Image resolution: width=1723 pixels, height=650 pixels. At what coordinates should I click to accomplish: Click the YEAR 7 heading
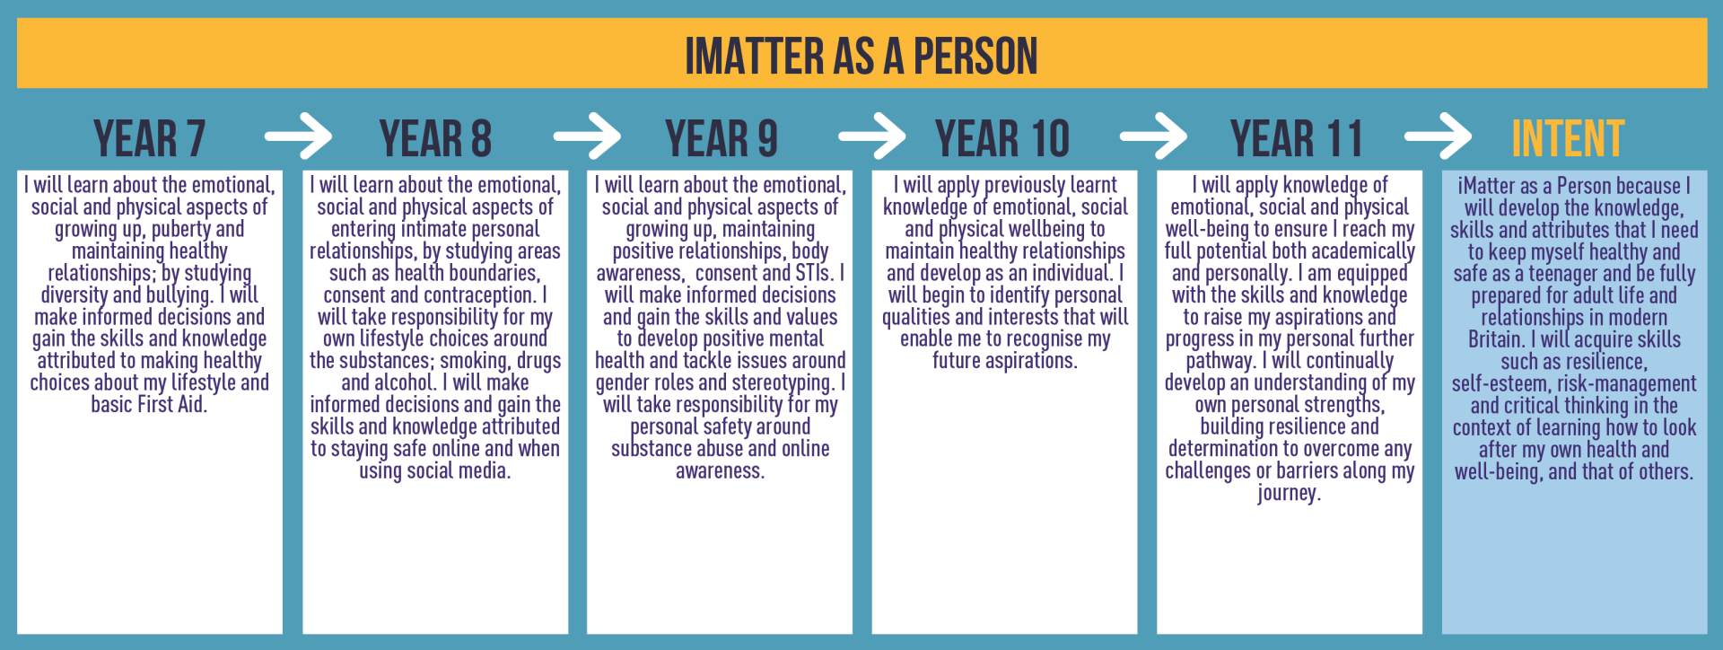[x=150, y=138]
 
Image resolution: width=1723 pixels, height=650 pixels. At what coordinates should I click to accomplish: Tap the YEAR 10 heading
[x=1002, y=138]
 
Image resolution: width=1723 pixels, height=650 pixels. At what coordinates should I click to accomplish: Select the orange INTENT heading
[x=1568, y=138]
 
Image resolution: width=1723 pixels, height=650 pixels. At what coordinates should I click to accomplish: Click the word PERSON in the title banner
[x=975, y=56]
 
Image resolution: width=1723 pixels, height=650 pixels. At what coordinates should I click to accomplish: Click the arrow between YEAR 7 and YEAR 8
[x=298, y=137]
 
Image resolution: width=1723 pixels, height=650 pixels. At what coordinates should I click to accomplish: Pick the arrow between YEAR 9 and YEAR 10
[x=871, y=137]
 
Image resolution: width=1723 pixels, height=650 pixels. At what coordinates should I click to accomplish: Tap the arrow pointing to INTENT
[x=1438, y=137]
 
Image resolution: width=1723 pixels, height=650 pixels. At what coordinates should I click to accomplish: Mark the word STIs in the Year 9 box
[x=818, y=273]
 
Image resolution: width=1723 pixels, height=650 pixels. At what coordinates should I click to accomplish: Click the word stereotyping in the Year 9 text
[x=783, y=383]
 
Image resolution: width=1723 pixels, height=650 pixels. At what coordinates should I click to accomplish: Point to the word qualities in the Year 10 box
[x=918, y=318]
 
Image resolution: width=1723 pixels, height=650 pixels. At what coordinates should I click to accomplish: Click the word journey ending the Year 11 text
[x=1289, y=493]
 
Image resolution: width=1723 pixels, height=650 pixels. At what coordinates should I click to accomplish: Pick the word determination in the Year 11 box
[x=1224, y=449]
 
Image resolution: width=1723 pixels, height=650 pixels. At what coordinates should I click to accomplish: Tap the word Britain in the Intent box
[x=1497, y=339]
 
